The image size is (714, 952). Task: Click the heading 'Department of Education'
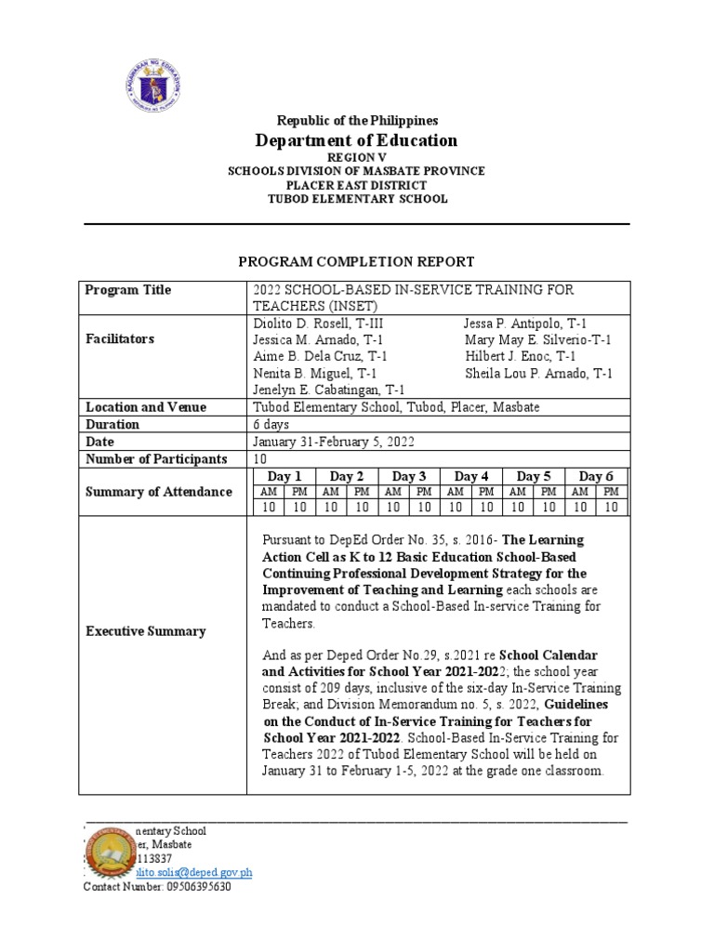(356, 140)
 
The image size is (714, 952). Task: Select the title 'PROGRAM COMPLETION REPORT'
(357, 262)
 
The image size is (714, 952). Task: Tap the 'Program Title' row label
(128, 290)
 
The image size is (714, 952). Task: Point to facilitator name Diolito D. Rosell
(317, 323)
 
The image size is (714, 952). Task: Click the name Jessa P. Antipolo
(525, 323)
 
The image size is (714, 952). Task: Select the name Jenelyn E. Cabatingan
(328, 390)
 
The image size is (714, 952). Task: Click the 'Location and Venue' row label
(146, 407)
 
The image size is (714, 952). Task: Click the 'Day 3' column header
(408, 476)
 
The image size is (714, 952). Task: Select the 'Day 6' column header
(596, 476)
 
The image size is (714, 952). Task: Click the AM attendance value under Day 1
(268, 507)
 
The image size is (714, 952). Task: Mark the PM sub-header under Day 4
(486, 492)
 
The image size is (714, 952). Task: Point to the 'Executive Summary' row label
(145, 631)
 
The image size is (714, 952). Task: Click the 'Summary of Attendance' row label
(158, 492)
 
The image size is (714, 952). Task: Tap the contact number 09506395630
(157, 887)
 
